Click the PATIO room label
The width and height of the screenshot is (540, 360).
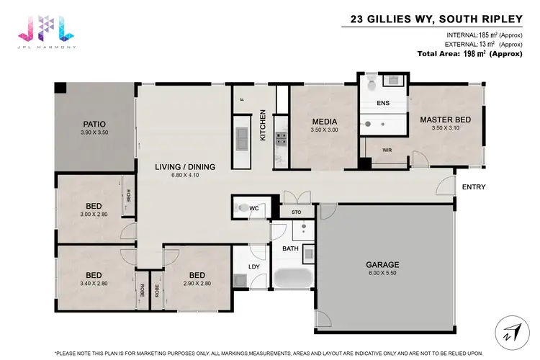point(94,124)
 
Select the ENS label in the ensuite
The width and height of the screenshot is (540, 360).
point(384,104)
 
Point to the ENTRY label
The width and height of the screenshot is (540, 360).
point(474,187)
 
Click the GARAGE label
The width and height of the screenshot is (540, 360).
point(382,264)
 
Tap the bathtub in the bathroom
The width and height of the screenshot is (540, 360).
point(292,279)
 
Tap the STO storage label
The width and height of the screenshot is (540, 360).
point(296,213)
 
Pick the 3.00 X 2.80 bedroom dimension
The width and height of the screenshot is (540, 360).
point(94,213)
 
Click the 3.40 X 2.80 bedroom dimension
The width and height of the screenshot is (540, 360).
point(94,282)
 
